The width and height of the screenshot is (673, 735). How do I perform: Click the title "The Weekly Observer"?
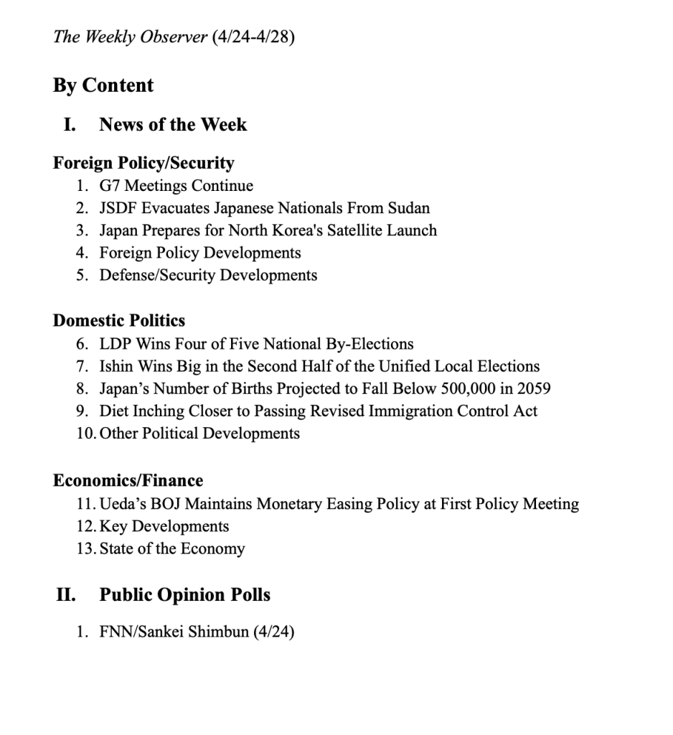click(x=131, y=37)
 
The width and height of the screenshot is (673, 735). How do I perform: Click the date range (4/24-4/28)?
click(x=253, y=37)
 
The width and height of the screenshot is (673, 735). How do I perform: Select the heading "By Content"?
click(x=103, y=85)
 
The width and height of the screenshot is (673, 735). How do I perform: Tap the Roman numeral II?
click(x=65, y=595)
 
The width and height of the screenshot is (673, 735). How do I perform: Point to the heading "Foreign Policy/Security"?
click(x=143, y=163)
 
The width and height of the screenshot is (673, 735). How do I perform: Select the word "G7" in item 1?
click(x=111, y=186)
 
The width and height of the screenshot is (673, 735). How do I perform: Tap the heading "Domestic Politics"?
click(x=119, y=321)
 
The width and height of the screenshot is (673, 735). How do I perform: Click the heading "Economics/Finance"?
click(x=128, y=481)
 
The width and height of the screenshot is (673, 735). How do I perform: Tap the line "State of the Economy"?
click(x=172, y=549)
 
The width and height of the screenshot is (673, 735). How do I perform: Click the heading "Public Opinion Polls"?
click(x=184, y=595)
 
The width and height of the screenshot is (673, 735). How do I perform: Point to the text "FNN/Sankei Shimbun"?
click(x=174, y=633)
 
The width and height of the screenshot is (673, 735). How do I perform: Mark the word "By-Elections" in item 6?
click(x=372, y=344)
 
